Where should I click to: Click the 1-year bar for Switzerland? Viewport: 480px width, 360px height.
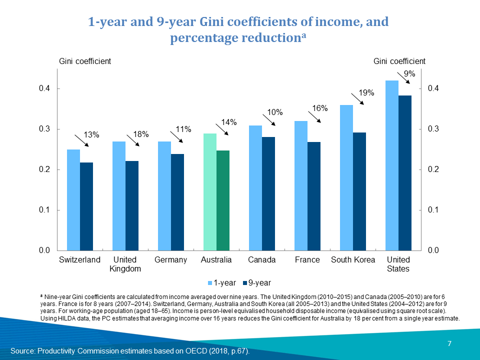73,200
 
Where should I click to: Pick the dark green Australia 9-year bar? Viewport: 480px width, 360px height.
223,200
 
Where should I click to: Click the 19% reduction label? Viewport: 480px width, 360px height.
366,92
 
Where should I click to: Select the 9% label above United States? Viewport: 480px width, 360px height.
409,74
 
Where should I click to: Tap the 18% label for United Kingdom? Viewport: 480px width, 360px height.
141,133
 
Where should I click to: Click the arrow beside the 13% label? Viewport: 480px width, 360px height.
81,140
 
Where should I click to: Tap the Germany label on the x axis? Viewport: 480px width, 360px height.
171,259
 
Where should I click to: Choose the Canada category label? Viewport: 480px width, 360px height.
261,259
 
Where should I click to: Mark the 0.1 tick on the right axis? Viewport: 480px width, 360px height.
433,210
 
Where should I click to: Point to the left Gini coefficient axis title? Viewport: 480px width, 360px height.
85,61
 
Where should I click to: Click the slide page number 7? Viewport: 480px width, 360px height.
449,343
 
